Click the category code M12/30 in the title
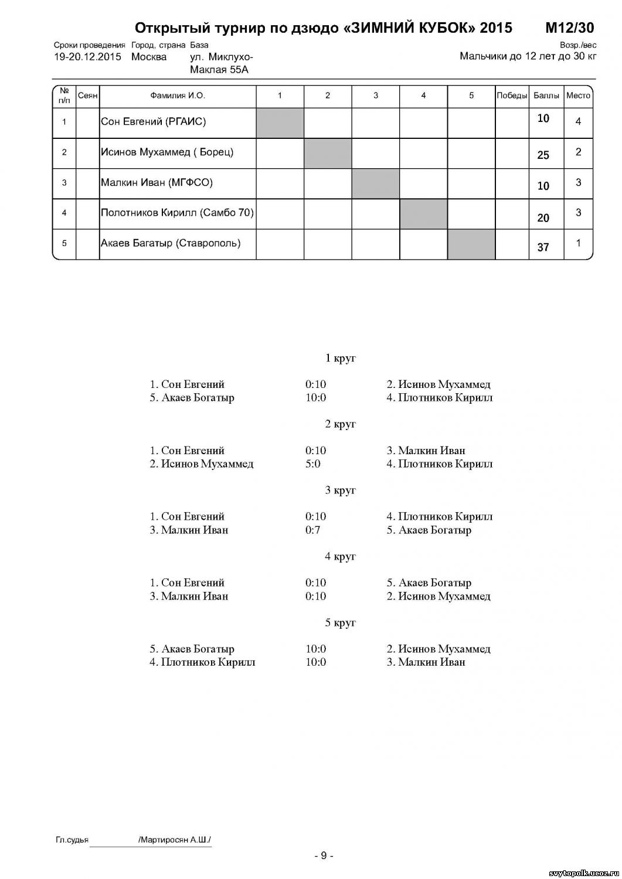point(569,28)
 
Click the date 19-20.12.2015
point(87,57)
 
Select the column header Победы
point(512,96)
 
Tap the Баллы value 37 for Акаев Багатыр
point(543,247)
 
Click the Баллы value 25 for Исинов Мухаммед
point(543,155)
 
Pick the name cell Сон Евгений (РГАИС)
point(154,122)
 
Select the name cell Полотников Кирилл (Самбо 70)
point(177,213)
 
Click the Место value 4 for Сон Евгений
point(578,122)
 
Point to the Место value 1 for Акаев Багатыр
point(578,243)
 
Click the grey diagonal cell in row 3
point(375,183)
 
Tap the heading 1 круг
point(340,358)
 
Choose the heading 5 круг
point(340,622)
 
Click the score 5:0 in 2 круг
point(313,464)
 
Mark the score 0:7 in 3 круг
point(313,530)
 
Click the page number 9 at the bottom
point(324,856)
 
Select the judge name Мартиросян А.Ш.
point(175,840)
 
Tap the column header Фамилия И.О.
point(177,96)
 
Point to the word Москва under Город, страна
point(149,57)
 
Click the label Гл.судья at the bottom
point(72,840)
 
